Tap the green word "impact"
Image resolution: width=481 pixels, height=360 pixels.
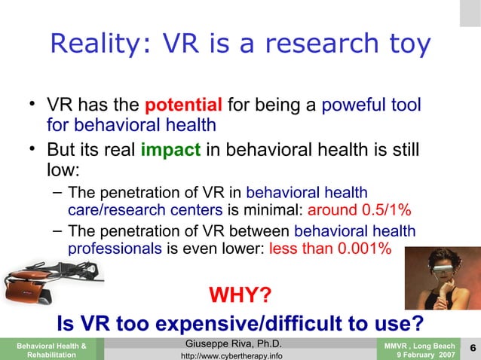pos(170,148)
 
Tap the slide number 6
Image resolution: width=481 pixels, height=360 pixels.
pos(471,347)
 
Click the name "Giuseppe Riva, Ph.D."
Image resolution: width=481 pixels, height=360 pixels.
pos(228,344)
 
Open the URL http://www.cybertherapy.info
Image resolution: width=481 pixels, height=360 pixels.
pos(228,355)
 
